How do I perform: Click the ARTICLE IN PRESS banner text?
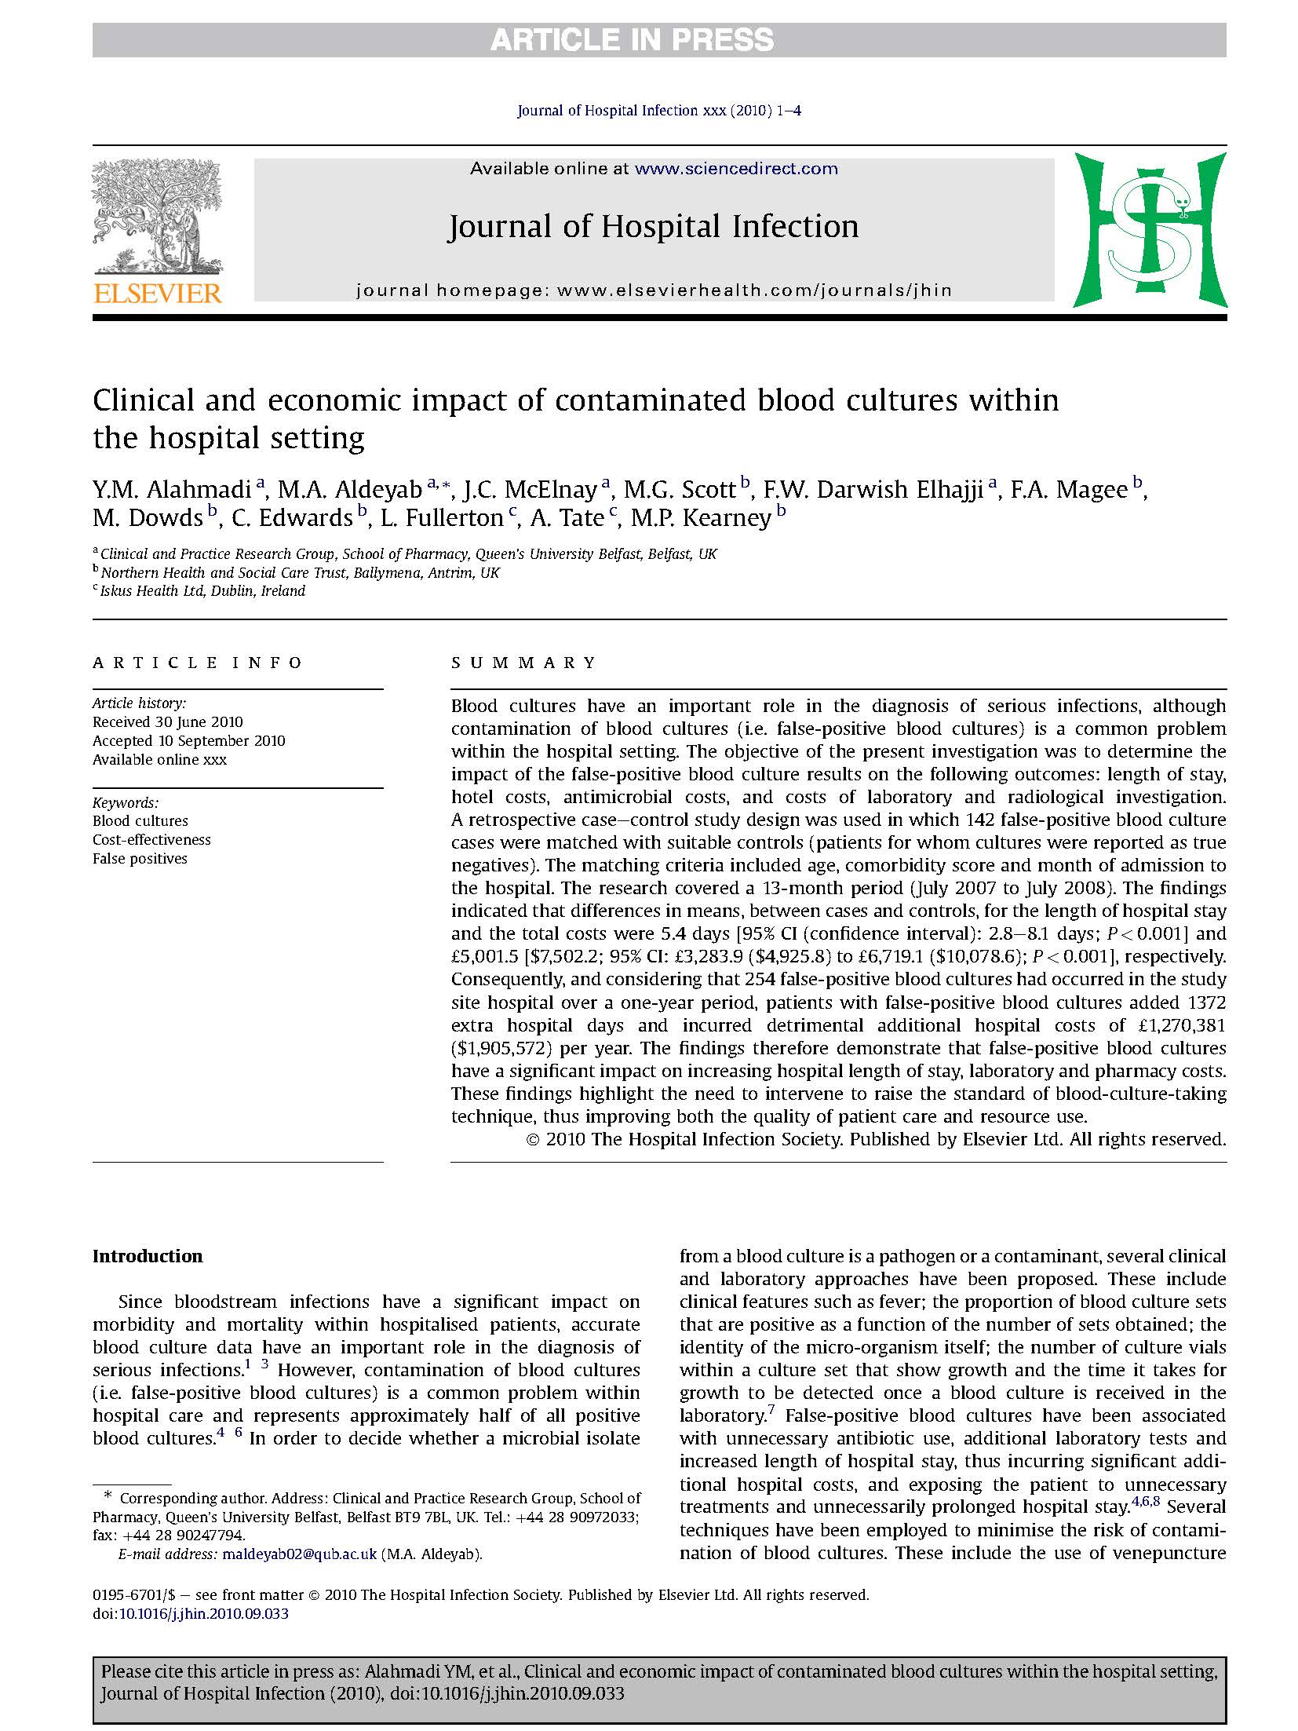pyautogui.click(x=632, y=40)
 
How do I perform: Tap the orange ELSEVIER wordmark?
pyautogui.click(x=158, y=294)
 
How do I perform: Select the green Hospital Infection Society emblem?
pyautogui.click(x=1150, y=229)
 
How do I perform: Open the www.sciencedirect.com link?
pyautogui.click(x=735, y=168)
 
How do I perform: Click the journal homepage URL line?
pyautogui.click(x=654, y=290)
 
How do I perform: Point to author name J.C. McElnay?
pyautogui.click(x=530, y=490)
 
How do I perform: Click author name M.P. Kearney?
pyautogui.click(x=701, y=518)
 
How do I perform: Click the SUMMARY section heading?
pyautogui.click(x=524, y=663)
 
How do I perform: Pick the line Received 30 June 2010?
pyautogui.click(x=168, y=721)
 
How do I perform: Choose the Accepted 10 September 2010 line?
pyautogui.click(x=189, y=740)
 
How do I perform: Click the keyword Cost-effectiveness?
pyautogui.click(x=151, y=839)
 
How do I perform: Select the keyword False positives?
pyautogui.click(x=140, y=858)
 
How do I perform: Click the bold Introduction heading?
pyautogui.click(x=148, y=1256)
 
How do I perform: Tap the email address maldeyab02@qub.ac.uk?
pyautogui.click(x=300, y=1554)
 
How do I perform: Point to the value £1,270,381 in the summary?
pyautogui.click(x=1178, y=1025)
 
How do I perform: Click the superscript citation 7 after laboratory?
pyautogui.click(x=771, y=1411)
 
